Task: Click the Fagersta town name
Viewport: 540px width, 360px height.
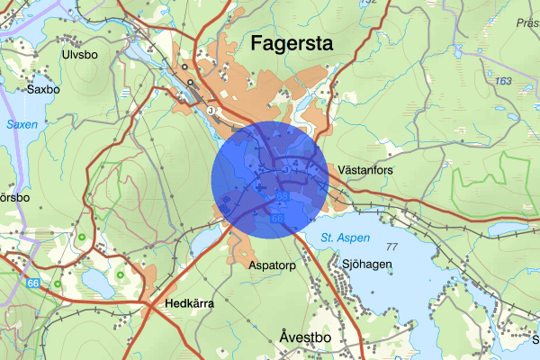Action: click(x=292, y=42)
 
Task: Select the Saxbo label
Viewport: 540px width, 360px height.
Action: click(x=43, y=90)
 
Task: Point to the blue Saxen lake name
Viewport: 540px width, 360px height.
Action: click(x=22, y=125)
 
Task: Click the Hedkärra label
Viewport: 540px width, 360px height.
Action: click(x=189, y=303)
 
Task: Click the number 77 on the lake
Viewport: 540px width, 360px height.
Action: click(x=391, y=247)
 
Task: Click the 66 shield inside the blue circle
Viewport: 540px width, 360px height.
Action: click(x=276, y=218)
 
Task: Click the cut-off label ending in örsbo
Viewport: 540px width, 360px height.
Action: click(x=14, y=196)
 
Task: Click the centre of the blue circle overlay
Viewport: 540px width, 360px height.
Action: click(x=269, y=181)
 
